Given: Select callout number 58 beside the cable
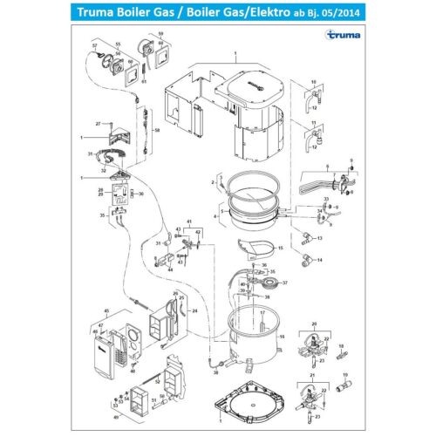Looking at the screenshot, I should [157, 130].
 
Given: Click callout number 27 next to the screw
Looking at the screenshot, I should [99, 123].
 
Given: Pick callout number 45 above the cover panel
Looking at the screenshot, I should [106, 310].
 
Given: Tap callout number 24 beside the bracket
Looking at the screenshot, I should [194, 311].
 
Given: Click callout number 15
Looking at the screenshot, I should [281, 249].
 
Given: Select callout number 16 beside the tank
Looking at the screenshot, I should [293, 335].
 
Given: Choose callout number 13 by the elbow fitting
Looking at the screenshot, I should [320, 237].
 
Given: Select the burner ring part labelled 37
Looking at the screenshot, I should [273, 283].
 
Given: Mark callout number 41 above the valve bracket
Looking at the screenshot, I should [188, 222].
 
